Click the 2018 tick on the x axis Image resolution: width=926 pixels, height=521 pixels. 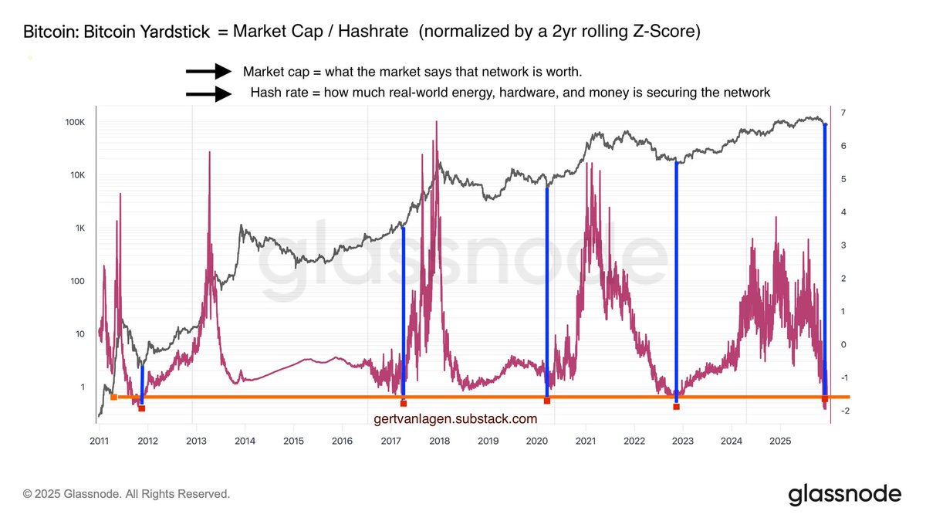point(439,441)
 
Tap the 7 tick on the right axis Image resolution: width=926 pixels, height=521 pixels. point(844,113)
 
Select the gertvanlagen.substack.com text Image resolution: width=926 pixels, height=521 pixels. point(455,419)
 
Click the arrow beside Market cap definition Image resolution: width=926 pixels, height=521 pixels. point(208,72)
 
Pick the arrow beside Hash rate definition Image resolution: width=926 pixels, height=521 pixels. point(208,94)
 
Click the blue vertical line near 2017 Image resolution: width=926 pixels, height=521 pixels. point(404,309)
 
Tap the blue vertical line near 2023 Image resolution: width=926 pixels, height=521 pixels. point(677,278)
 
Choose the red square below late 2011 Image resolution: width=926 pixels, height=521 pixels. point(142,408)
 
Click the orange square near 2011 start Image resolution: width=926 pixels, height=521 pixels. point(113,397)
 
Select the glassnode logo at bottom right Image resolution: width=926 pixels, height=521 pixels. point(844,494)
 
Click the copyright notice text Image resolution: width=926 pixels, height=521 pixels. point(127,494)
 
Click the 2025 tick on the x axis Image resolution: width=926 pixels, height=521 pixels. point(779,441)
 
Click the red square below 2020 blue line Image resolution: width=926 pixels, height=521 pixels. point(547,401)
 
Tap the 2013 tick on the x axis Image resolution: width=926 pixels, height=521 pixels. point(196,441)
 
